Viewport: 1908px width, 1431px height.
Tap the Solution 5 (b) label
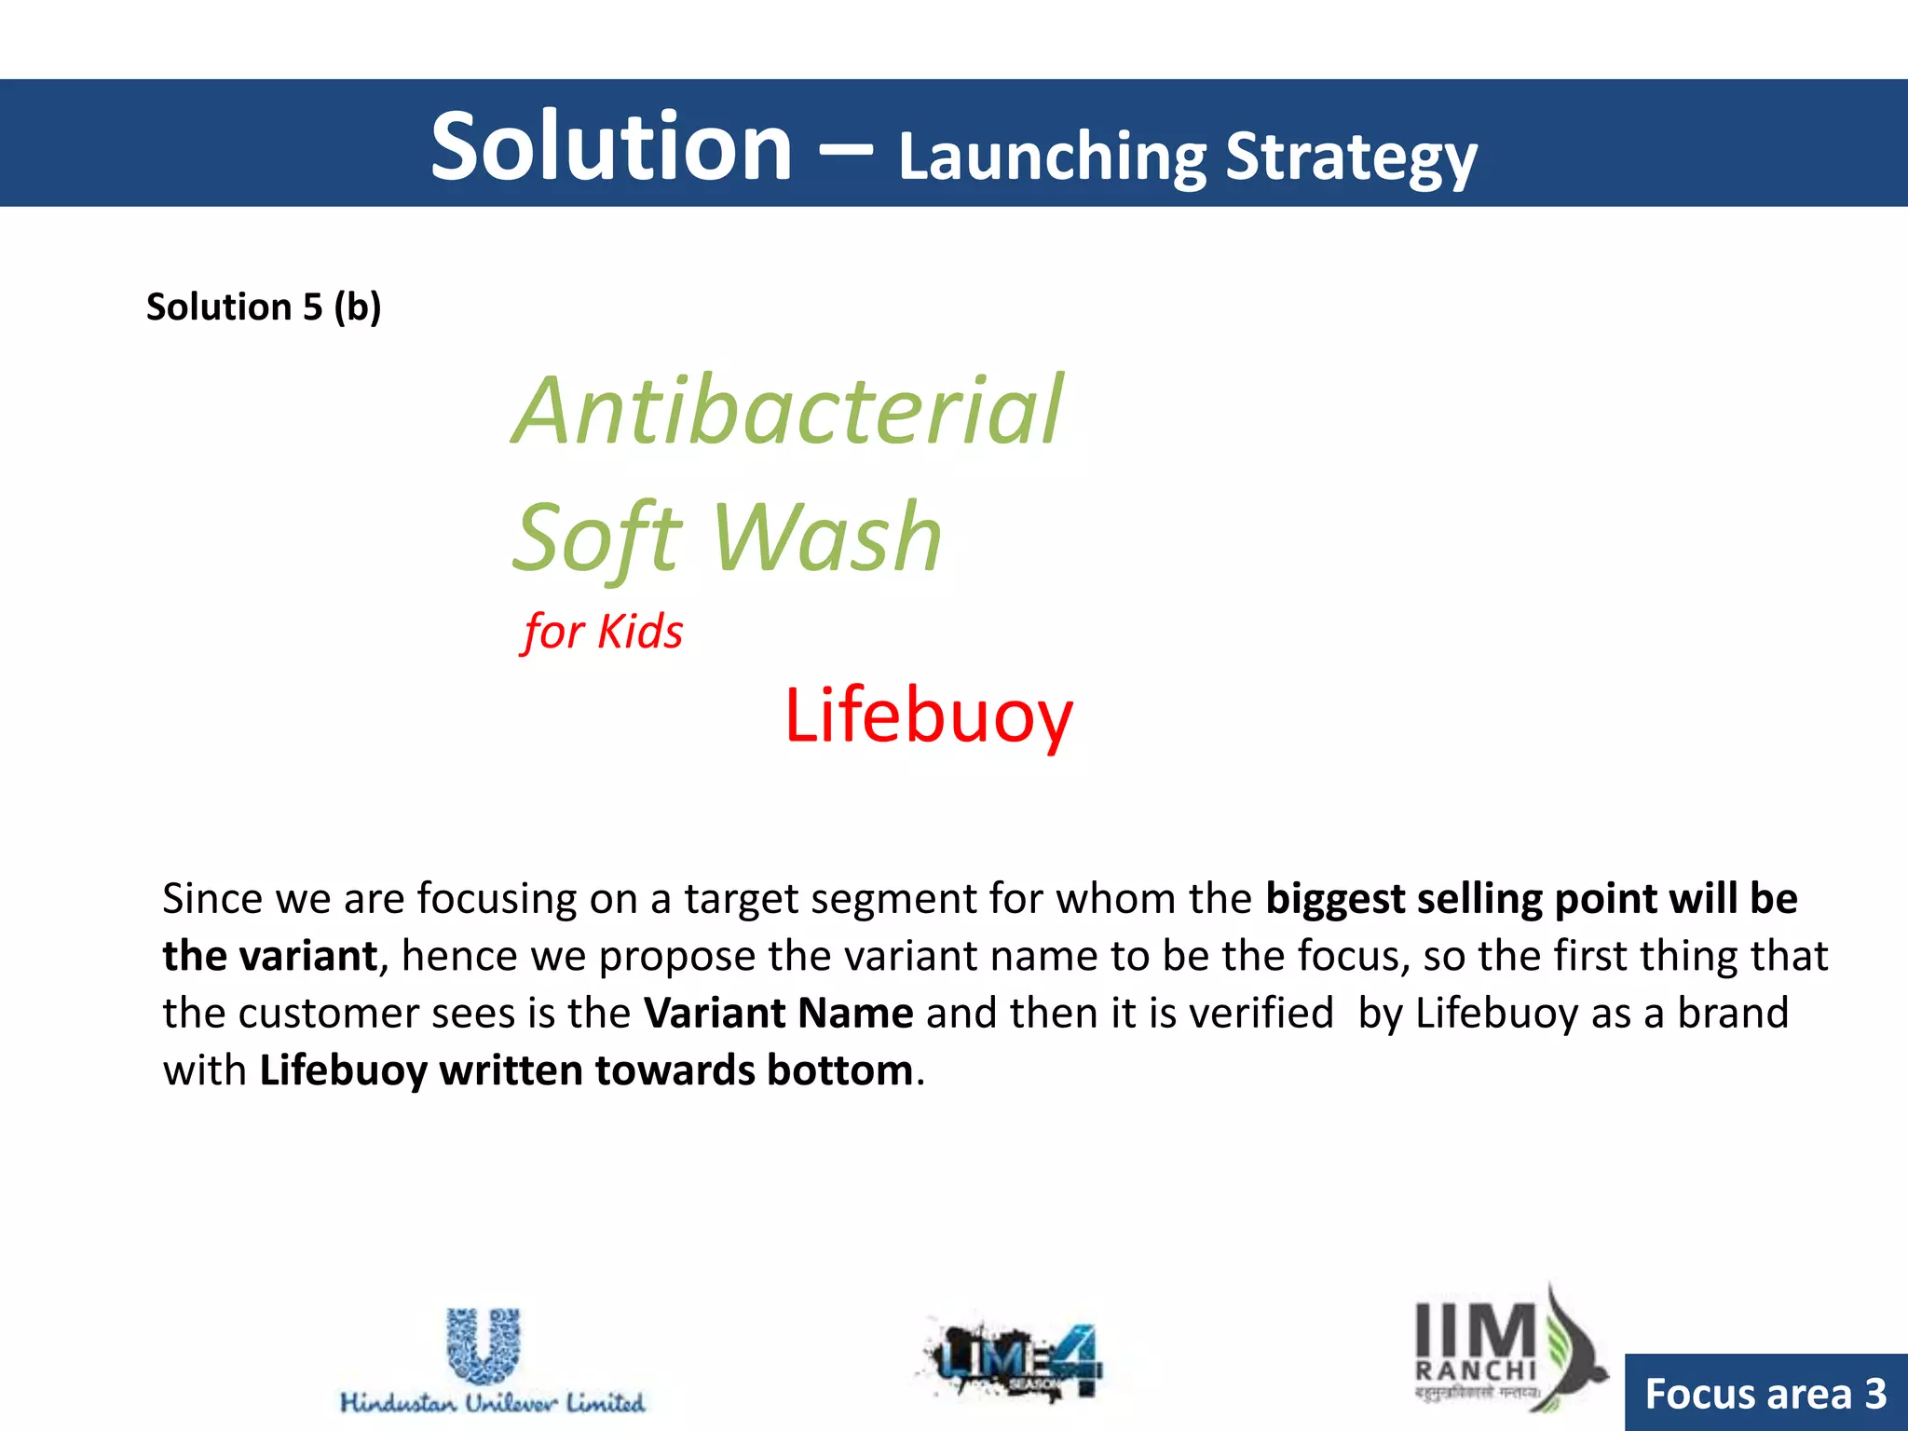[x=264, y=307]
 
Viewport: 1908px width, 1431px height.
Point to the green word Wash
[x=827, y=538]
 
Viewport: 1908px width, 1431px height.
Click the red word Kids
[x=640, y=632]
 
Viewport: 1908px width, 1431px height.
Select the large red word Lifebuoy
[x=928, y=715]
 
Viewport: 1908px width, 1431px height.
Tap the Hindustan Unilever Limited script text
[x=492, y=1402]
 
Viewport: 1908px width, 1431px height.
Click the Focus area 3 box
[x=1765, y=1393]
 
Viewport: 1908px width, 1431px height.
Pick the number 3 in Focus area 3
[x=1875, y=1394]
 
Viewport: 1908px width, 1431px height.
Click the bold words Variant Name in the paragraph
[x=779, y=1013]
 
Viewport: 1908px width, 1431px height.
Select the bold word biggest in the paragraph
[x=1335, y=899]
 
